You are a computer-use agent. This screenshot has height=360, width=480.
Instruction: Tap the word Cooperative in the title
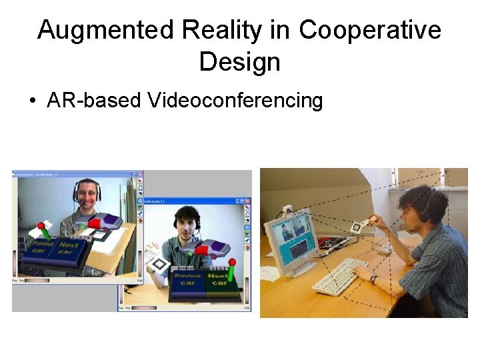point(370,31)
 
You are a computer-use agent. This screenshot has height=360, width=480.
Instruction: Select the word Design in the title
point(239,62)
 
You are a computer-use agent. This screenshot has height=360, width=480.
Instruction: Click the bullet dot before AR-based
point(32,101)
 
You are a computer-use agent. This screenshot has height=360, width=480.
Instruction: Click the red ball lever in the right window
point(232,262)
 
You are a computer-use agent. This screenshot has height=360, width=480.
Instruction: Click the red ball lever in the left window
point(42,227)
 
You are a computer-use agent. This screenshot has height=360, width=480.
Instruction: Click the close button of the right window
point(248,201)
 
